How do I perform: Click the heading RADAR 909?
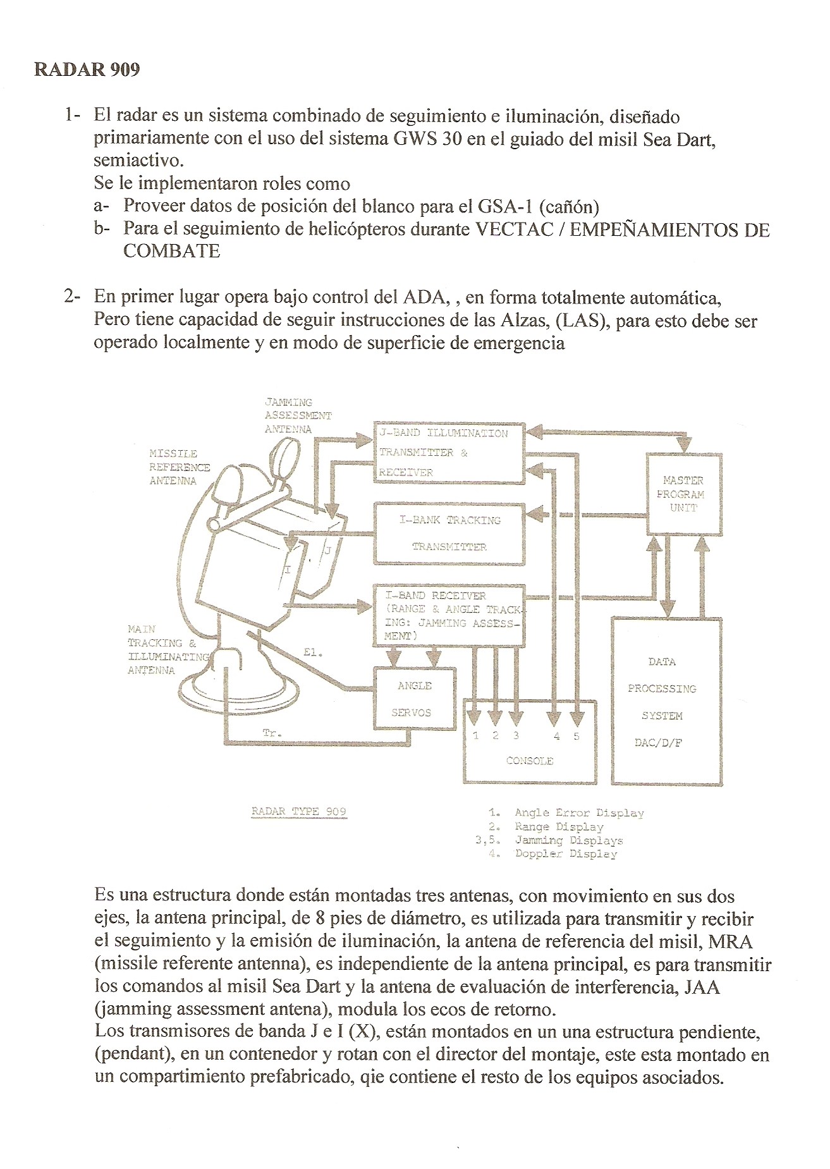(87, 69)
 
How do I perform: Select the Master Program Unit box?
(683, 494)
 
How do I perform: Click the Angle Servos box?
(415, 699)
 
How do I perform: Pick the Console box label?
(530, 761)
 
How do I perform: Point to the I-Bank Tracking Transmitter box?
(449, 533)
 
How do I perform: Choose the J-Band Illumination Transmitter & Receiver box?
(449, 453)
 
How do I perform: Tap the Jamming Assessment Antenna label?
(298, 415)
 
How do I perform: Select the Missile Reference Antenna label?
(179, 467)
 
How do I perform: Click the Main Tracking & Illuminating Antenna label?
(168, 649)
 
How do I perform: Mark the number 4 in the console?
(556, 736)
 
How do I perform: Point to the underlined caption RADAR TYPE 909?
(298, 812)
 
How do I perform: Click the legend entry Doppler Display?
(566, 854)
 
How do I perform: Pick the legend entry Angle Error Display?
(578, 813)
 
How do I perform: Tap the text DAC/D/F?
(658, 743)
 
